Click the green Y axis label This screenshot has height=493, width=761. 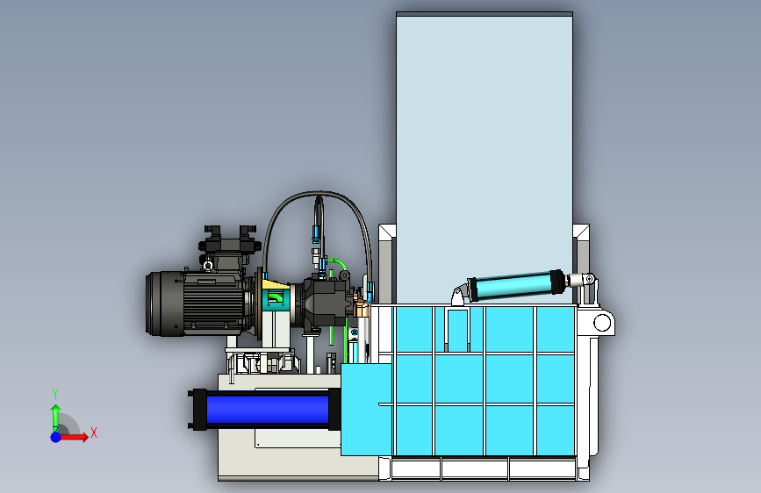pyautogui.click(x=55, y=395)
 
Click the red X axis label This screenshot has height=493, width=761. pyautogui.click(x=94, y=432)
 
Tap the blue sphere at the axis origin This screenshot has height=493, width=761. pyautogui.click(x=56, y=437)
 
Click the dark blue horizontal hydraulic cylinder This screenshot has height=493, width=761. pyautogui.click(x=267, y=410)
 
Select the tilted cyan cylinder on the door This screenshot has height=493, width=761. pyautogui.click(x=516, y=286)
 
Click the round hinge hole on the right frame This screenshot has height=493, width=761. pyautogui.click(x=602, y=323)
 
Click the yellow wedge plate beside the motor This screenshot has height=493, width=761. pyautogui.click(x=276, y=285)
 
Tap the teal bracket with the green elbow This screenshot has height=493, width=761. pyautogui.click(x=274, y=299)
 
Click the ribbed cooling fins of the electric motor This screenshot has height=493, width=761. pyautogui.click(x=213, y=304)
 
